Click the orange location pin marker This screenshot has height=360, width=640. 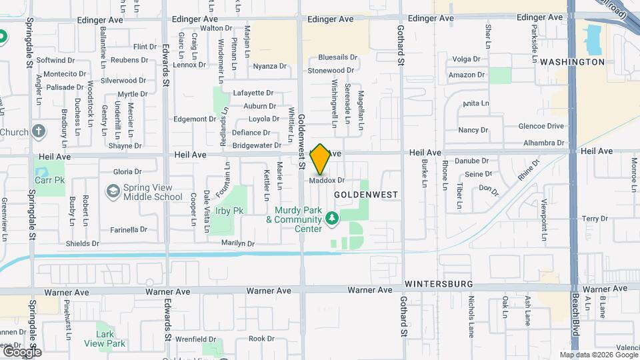[x=320, y=159]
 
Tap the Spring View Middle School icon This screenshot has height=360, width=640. [x=113, y=192]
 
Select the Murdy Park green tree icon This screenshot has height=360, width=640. [x=331, y=219]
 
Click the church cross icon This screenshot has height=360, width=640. [x=39, y=131]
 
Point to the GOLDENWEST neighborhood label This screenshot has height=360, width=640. [x=365, y=195]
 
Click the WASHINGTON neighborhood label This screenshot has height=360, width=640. [x=572, y=62]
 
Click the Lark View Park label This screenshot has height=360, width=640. [x=105, y=339]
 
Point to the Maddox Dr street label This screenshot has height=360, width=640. [x=327, y=180]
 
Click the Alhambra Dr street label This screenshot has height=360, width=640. [x=544, y=143]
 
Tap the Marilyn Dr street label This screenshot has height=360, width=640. [x=238, y=243]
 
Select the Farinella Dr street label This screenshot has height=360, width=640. [x=129, y=229]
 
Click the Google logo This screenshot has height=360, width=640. [x=21, y=351]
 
